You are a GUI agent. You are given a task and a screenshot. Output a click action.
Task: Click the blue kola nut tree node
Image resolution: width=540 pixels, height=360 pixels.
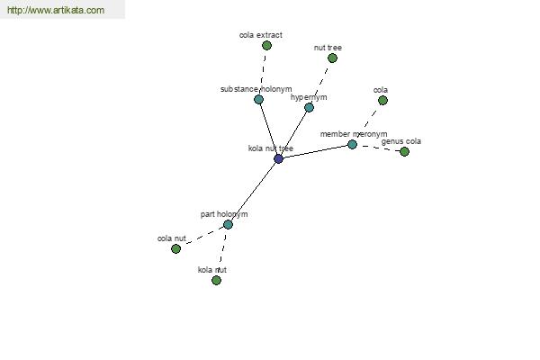[278, 158]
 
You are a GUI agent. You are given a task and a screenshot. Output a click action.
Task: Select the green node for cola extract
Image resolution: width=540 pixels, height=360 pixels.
[266, 45]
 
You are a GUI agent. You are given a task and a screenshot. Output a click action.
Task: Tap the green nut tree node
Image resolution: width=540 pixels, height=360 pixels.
[332, 58]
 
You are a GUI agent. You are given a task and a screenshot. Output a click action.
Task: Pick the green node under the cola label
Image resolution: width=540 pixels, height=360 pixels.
[382, 100]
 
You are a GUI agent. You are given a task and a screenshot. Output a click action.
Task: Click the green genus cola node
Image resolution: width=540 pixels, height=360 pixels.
[404, 151]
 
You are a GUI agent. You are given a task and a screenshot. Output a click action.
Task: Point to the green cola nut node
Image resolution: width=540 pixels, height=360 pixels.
[175, 248]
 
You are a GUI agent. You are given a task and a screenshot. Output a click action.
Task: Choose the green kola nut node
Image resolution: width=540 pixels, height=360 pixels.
[216, 280]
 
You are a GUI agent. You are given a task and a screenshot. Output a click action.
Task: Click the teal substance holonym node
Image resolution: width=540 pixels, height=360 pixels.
[258, 99]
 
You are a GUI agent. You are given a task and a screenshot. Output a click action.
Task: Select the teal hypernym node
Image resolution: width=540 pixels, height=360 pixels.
[310, 107]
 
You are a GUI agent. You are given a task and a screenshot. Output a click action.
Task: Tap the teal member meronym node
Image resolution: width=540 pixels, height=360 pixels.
[352, 144]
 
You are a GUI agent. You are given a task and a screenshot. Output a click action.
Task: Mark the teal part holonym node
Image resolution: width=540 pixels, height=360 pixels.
[228, 225]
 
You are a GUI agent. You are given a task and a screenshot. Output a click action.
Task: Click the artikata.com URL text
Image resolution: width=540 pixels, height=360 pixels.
[56, 10]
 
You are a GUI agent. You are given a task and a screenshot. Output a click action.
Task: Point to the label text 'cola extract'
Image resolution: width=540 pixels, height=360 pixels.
[261, 35]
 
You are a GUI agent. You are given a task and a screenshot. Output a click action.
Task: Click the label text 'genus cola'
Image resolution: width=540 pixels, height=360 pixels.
[401, 141]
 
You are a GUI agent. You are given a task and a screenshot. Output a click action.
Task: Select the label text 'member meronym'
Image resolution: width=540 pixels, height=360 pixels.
[354, 134]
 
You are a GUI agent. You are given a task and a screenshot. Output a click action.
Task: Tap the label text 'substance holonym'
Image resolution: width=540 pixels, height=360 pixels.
[256, 89]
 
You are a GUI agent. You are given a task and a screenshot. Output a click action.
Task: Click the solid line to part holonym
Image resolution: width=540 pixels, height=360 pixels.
[253, 192]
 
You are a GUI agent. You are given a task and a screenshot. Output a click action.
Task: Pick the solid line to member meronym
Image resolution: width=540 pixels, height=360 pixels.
[315, 151]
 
